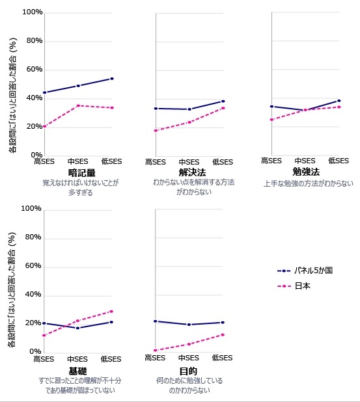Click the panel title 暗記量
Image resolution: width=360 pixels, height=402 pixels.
[x=81, y=172]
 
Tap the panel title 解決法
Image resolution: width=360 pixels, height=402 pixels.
[x=189, y=172]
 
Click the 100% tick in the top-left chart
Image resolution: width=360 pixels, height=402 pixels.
[x=32, y=12]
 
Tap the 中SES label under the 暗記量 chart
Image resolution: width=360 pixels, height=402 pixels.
[x=77, y=162]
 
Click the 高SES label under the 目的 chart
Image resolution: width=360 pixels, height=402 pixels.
[x=156, y=358]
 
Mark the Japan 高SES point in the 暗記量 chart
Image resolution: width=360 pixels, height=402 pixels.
[x=44, y=126]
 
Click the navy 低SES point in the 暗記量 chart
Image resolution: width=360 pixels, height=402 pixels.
[x=112, y=79]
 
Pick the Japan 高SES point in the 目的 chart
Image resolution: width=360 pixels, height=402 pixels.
[x=156, y=351]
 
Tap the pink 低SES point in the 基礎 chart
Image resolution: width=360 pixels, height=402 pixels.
[x=111, y=311]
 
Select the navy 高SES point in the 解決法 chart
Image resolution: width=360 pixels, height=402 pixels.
[x=156, y=109]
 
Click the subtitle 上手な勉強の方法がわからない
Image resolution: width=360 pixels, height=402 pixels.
[x=308, y=183]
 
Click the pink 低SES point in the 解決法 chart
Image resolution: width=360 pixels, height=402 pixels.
[x=223, y=108]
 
